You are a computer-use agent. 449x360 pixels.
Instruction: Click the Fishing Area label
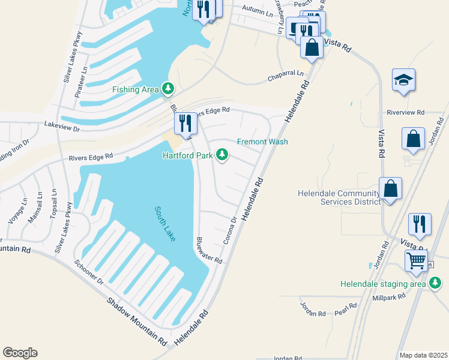tap(136, 90)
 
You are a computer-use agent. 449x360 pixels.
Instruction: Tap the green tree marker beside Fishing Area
tap(169, 89)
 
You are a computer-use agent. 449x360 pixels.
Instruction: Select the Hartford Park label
tap(188, 155)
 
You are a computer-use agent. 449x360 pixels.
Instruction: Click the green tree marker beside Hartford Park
tap(223, 155)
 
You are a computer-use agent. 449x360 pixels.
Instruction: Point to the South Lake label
tap(165, 224)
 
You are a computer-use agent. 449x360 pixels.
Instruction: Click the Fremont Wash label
tap(262, 142)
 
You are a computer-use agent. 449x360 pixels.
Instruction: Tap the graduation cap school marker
tap(403, 80)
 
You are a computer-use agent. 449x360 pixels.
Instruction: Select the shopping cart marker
tap(416, 261)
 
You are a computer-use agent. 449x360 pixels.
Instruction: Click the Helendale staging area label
tap(382, 284)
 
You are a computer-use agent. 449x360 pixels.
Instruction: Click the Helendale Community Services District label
tap(339, 197)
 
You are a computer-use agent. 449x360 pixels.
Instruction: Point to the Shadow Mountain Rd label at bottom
tap(137, 322)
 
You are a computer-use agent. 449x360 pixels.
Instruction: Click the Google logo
tap(20, 353)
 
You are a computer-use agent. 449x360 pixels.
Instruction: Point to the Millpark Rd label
tap(388, 296)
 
